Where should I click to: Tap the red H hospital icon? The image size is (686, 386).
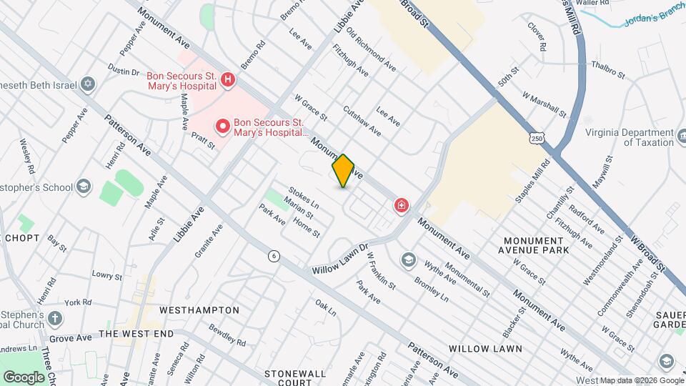[227, 79]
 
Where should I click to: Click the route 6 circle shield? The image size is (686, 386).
[273, 255]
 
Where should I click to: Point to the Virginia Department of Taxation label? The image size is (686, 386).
[630, 137]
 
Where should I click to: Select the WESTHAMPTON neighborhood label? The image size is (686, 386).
[199, 310]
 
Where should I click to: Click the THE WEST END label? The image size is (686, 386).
[136, 334]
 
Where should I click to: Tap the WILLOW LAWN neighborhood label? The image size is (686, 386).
[485, 349]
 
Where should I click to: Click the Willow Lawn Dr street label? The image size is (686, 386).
[339, 261]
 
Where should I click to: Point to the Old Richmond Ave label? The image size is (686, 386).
[371, 49]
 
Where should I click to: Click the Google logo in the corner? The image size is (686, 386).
[24, 377]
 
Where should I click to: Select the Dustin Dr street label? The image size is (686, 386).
[123, 72]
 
